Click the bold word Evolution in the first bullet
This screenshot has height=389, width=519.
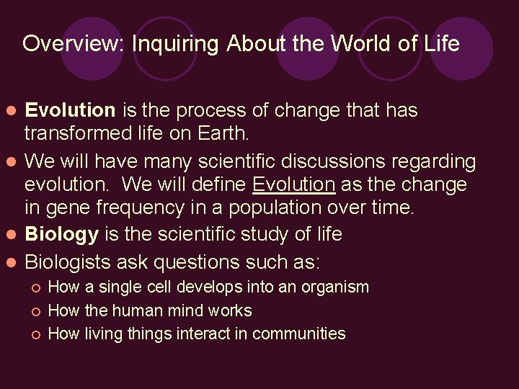click(70, 110)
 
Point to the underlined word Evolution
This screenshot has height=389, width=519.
click(293, 184)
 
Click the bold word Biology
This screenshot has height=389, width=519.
click(62, 234)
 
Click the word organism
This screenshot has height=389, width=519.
click(334, 287)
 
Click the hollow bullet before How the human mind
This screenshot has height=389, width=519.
click(35, 311)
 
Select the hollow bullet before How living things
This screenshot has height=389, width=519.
click(35, 334)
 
